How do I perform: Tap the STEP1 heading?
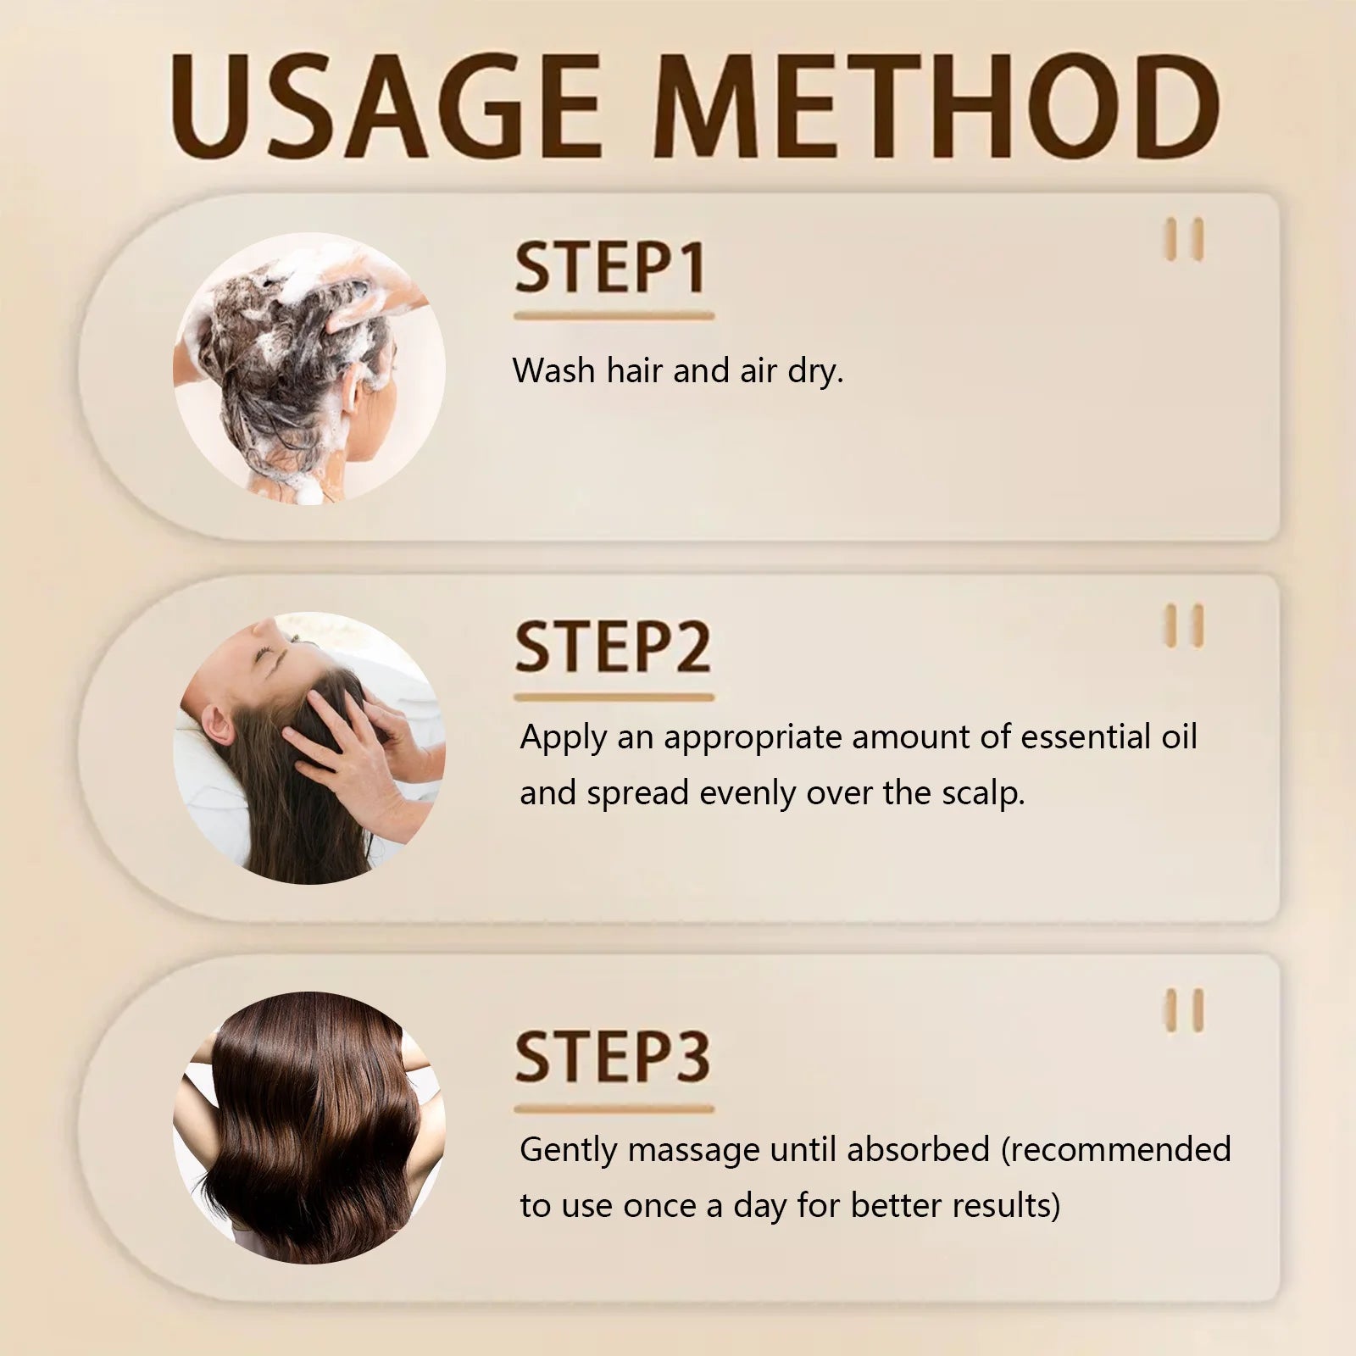610,269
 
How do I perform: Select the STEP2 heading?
613,647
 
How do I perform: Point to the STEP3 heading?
613,1057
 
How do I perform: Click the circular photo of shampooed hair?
309,369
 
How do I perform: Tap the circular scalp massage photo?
309,748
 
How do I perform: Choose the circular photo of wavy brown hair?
309,1127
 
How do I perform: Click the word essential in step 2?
1085,737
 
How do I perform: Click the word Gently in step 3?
569,1151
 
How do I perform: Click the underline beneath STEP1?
614,316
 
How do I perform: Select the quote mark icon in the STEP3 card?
1184,1010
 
